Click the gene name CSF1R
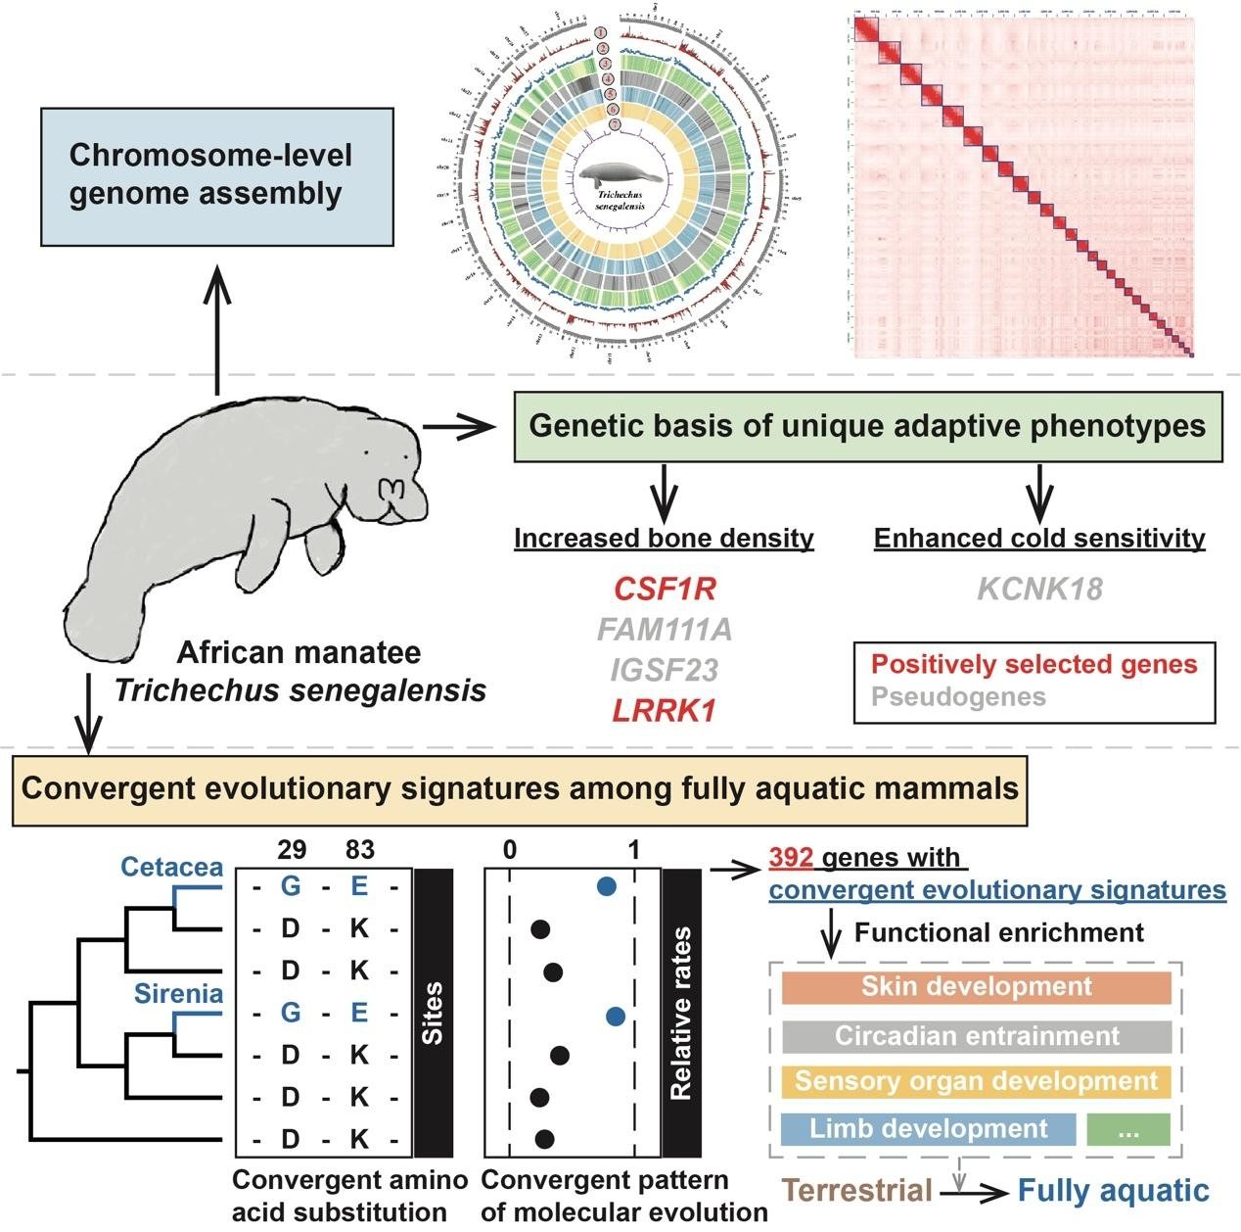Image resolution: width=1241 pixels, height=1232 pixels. pyautogui.click(x=665, y=589)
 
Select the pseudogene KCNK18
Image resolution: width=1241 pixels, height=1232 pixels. pyautogui.click(x=1039, y=589)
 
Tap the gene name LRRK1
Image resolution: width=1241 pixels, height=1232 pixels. pyautogui.click(x=665, y=711)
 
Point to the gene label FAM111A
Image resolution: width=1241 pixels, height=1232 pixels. pyautogui.click(x=665, y=629)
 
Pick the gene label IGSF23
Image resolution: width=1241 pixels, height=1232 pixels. pyautogui.click(x=665, y=670)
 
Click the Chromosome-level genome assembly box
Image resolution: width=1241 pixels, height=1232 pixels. pyautogui.click(x=216, y=176)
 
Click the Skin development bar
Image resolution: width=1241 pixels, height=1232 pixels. pyautogui.click(x=976, y=987)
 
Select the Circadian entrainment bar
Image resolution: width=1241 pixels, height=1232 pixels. pyautogui.click(x=976, y=1036)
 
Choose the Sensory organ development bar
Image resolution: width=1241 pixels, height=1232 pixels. pyautogui.click(x=976, y=1081)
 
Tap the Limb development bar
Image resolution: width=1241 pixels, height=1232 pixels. pyautogui.click(x=928, y=1128)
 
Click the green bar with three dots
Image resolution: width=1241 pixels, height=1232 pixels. pyautogui.click(x=1128, y=1128)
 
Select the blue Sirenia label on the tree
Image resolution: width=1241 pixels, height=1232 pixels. pyautogui.click(x=179, y=994)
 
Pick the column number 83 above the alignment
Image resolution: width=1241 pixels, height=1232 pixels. pyautogui.click(x=359, y=848)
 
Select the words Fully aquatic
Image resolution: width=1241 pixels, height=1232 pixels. pyautogui.click(x=1113, y=1191)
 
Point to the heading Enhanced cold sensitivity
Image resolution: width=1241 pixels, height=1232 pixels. pyautogui.click(x=1039, y=538)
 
